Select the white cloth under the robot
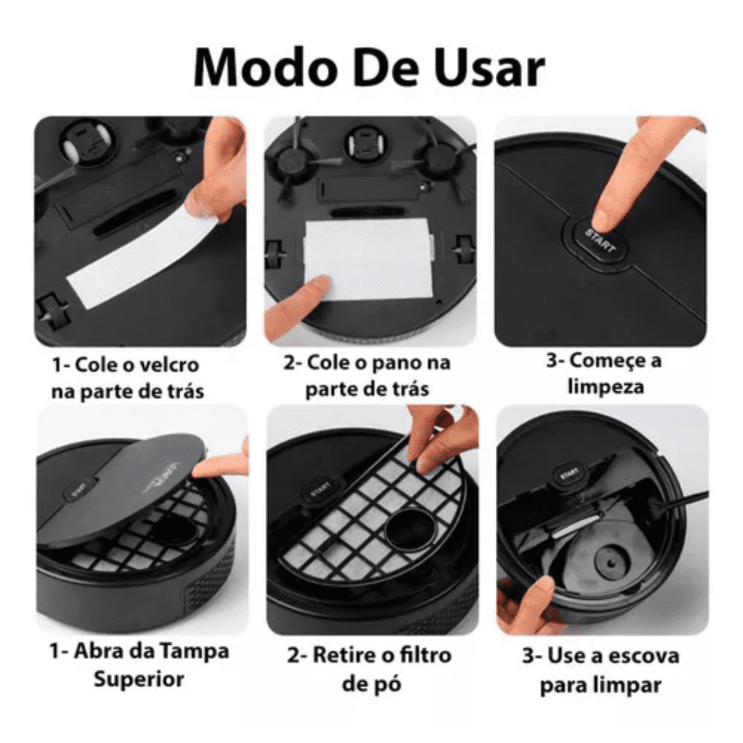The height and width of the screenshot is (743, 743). (x=368, y=257)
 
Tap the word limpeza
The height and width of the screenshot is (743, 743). (x=605, y=387)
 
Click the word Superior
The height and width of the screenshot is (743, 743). (x=139, y=679)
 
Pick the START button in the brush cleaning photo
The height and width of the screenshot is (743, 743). (x=568, y=475)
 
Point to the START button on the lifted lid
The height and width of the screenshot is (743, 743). (x=78, y=492)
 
